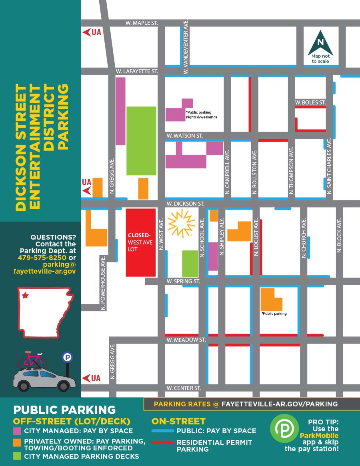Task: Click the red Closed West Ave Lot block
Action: click(140, 242)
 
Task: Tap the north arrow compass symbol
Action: click(320, 43)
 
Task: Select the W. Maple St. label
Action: click(141, 23)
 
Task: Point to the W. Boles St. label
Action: click(310, 102)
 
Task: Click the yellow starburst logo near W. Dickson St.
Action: click(181, 224)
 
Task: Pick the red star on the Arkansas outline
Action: click(26, 296)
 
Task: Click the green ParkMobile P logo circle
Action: click(284, 428)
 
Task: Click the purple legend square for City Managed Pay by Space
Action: click(17, 431)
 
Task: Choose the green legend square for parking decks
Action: click(17, 456)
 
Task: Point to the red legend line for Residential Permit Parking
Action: click(162, 442)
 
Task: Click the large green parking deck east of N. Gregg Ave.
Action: click(141, 141)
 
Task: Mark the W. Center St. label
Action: click(184, 388)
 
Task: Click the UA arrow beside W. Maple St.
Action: click(92, 32)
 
